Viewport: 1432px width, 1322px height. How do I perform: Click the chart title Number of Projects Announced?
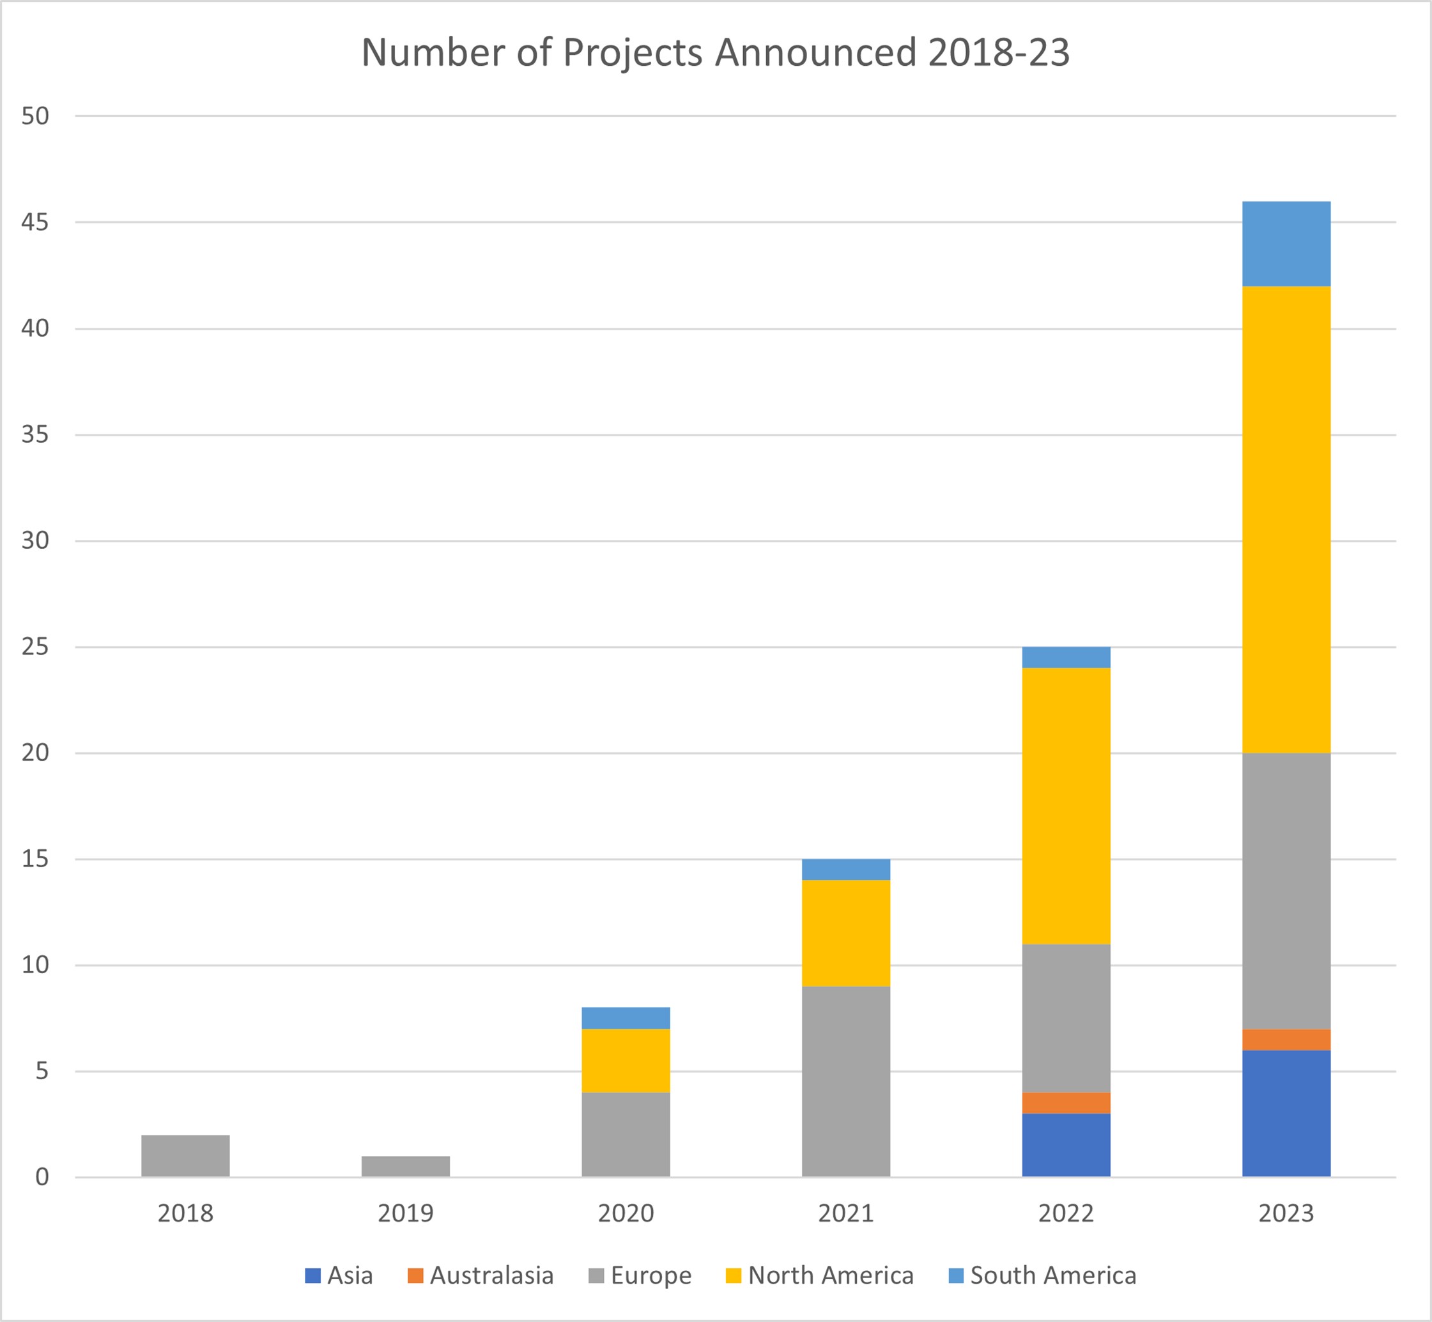(x=715, y=53)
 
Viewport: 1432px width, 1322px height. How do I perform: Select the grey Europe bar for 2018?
(x=185, y=1155)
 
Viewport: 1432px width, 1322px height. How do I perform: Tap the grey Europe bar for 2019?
(x=406, y=1166)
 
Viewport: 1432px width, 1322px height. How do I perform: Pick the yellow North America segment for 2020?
(x=626, y=1060)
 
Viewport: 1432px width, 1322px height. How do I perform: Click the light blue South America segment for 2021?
(x=845, y=869)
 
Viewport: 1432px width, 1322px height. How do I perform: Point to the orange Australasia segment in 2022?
(x=1066, y=1103)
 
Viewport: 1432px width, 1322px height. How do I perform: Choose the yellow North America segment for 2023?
(x=1286, y=519)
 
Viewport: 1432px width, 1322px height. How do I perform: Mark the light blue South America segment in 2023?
(x=1286, y=244)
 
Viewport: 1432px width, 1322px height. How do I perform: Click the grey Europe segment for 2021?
(x=845, y=1081)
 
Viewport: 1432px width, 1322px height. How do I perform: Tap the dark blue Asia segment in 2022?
(x=1066, y=1144)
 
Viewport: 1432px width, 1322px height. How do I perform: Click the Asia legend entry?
(x=339, y=1275)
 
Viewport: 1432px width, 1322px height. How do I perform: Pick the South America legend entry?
(x=1042, y=1275)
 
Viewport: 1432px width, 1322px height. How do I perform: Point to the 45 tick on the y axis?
(x=35, y=222)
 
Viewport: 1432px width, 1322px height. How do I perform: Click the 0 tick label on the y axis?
(x=42, y=1177)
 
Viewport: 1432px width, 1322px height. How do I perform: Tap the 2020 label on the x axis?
(x=626, y=1213)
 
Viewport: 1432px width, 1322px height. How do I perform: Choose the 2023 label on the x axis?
(x=1286, y=1213)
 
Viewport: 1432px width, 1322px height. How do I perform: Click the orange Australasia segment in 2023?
(x=1286, y=1040)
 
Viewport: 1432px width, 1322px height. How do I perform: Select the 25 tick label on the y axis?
(x=35, y=647)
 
